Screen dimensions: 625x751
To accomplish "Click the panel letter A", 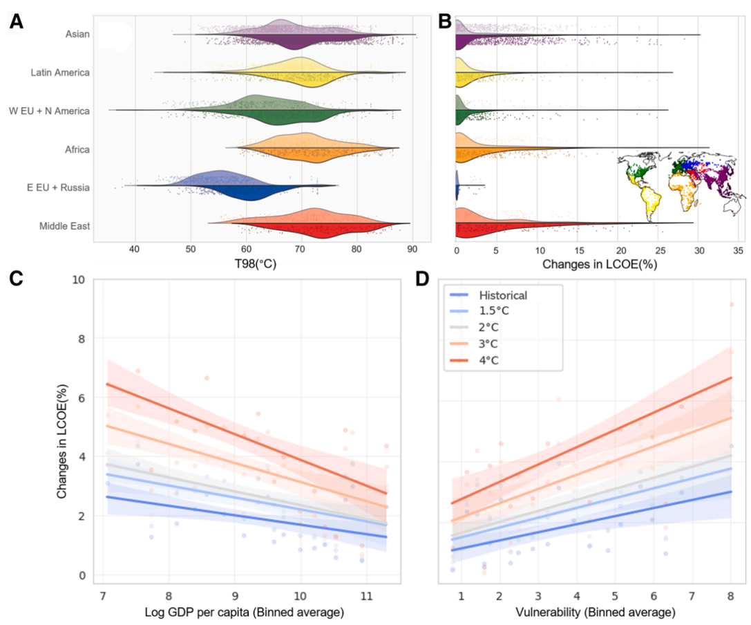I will (16, 22).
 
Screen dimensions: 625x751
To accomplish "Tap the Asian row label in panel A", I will (77, 33).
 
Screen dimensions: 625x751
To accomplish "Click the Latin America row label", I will (60, 72).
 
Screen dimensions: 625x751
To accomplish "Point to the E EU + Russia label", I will (60, 187).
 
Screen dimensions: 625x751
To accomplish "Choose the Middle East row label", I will (64, 225).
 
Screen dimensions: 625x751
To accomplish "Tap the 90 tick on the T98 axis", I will (412, 249).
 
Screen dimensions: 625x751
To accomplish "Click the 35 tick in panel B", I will (738, 249).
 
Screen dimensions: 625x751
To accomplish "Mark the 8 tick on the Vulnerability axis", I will (731, 597).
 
